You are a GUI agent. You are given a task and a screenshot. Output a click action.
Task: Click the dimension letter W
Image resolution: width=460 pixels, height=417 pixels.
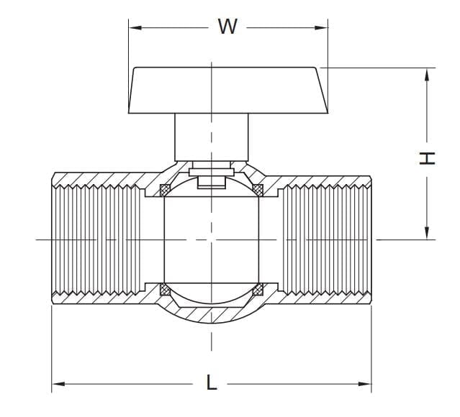[x=227, y=27]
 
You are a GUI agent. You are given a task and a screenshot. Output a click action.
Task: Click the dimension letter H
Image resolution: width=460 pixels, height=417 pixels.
[x=428, y=157]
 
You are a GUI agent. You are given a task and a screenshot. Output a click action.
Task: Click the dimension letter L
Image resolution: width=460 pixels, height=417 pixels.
[x=211, y=382]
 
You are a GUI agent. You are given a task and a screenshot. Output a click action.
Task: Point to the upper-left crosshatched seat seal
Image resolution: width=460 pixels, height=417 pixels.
[x=165, y=190]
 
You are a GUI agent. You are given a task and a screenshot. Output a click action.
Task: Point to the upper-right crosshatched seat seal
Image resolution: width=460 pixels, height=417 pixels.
[x=258, y=190]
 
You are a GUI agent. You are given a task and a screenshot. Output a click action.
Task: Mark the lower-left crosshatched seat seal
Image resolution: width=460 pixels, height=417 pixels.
[x=165, y=290]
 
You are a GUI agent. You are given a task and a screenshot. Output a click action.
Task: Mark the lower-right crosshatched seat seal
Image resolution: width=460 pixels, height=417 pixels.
[x=258, y=290]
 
